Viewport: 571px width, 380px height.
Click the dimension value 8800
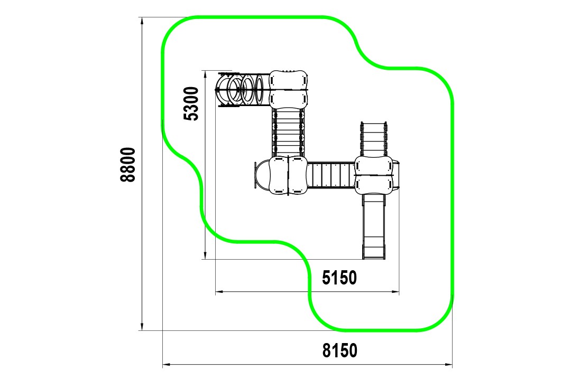pos(128,165)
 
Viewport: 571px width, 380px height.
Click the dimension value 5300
pos(191,103)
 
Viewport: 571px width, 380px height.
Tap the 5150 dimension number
pos(339,278)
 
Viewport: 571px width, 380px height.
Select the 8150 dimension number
pos(340,351)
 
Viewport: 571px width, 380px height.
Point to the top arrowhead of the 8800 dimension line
pos(142,22)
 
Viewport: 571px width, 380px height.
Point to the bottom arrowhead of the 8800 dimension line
pos(142,326)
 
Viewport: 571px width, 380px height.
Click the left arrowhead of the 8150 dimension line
pos(167,364)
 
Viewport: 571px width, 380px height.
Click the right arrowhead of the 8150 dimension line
pos(448,364)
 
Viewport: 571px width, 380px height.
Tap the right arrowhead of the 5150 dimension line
pos(394,291)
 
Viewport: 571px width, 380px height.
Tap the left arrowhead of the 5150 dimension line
pos(220,291)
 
